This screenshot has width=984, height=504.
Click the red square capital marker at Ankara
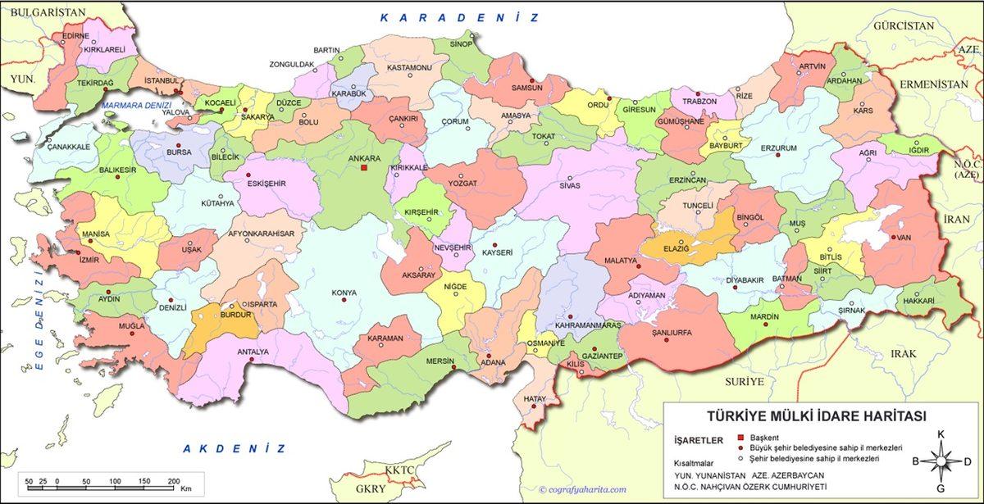[x=364, y=168]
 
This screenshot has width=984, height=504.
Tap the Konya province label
[x=344, y=293]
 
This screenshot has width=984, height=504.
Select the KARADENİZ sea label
[x=459, y=17]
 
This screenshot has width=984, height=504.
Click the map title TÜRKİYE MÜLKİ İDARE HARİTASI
[x=816, y=416]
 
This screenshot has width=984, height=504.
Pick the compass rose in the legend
[x=941, y=461]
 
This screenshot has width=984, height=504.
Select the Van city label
[x=904, y=237]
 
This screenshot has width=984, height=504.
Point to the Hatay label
[x=534, y=399]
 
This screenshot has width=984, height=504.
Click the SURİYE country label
[x=744, y=382]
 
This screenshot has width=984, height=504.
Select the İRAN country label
[x=956, y=219]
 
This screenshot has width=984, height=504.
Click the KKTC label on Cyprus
[x=401, y=470]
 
